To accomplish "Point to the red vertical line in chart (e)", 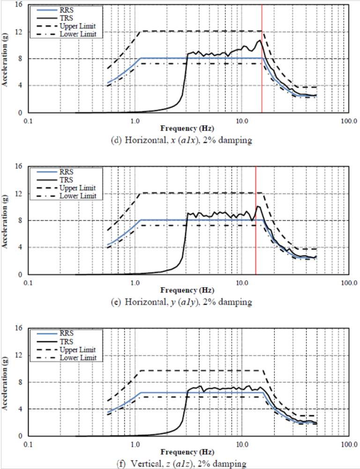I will pyautogui.click(x=255, y=234).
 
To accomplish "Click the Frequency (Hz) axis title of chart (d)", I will pyautogui.click(x=187, y=128).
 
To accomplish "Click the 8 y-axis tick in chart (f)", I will pyautogui.click(x=20, y=382).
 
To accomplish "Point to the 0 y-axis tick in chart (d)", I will pyautogui.click(x=20, y=113).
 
